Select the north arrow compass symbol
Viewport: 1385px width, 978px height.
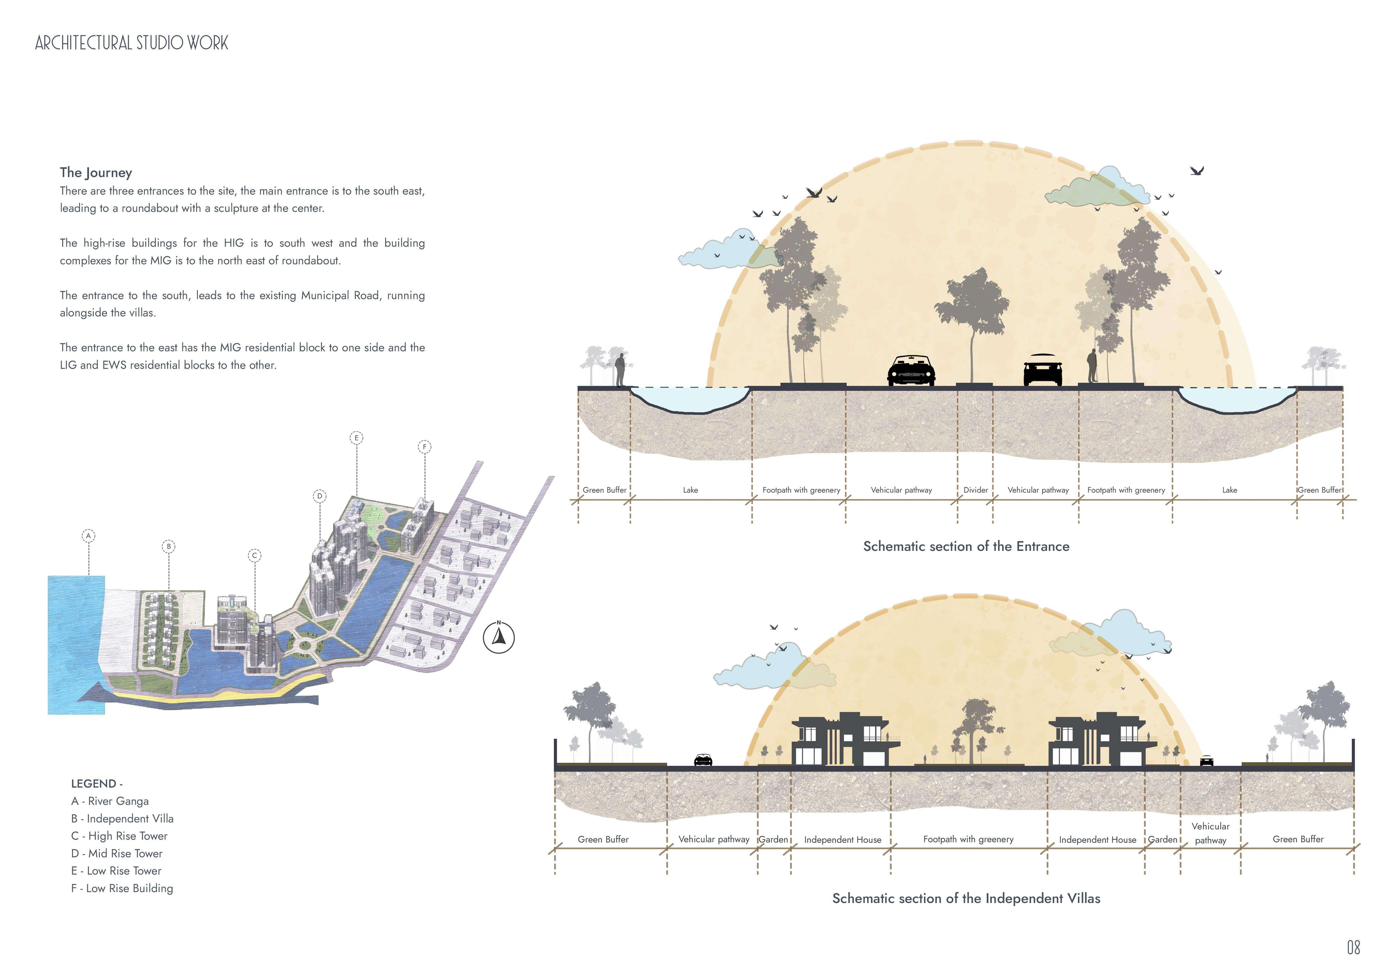(499, 637)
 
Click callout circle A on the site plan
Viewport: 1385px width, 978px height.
(89, 536)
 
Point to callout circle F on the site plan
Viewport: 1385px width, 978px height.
(425, 447)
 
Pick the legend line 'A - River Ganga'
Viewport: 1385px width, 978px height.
(110, 801)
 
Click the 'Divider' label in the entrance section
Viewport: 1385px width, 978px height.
(975, 490)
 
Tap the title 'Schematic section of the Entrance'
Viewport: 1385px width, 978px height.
(966, 546)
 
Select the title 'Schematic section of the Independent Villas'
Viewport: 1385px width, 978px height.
(966, 899)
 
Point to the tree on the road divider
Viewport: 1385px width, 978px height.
(971, 319)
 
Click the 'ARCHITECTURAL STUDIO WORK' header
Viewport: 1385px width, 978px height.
(132, 43)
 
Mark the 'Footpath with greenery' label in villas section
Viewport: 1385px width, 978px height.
(968, 839)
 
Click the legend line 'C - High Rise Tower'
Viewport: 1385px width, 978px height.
(119, 836)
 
